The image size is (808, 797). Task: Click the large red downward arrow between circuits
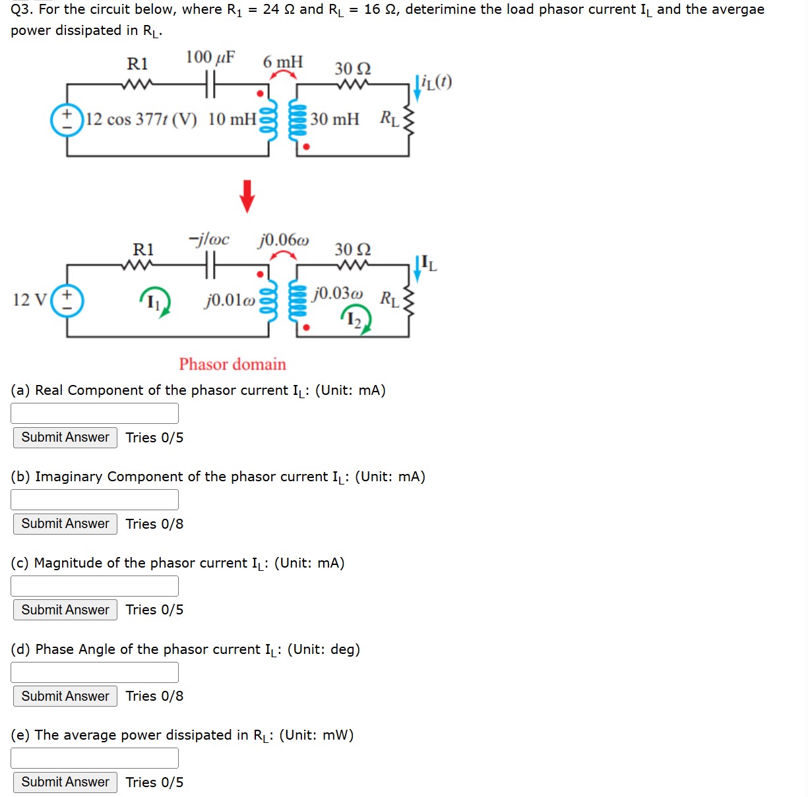pyautogui.click(x=247, y=196)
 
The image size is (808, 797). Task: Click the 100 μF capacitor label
pyautogui.click(x=210, y=57)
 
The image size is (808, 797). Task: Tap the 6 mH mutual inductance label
pyautogui.click(x=283, y=62)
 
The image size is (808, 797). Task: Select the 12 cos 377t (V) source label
pyautogui.click(x=141, y=119)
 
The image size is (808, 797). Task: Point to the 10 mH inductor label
pyautogui.click(x=232, y=119)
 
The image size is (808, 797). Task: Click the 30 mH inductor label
pyautogui.click(x=335, y=119)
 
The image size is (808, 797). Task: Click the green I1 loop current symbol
pyautogui.click(x=155, y=303)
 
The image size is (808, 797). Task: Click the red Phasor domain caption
pyautogui.click(x=232, y=365)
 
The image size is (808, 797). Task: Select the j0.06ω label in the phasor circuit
pyautogui.click(x=283, y=239)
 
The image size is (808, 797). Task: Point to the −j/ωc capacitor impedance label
pyautogui.click(x=209, y=239)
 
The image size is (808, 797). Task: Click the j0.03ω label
pyautogui.click(x=338, y=293)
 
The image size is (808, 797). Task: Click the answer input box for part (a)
pyautogui.click(x=94, y=413)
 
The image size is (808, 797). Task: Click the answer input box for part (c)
pyautogui.click(x=94, y=586)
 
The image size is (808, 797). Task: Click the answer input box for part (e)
pyautogui.click(x=94, y=758)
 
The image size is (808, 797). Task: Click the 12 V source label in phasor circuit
pyautogui.click(x=30, y=300)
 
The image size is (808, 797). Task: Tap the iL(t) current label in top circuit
pyautogui.click(x=437, y=82)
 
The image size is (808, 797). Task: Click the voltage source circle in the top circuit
pyautogui.click(x=67, y=120)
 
